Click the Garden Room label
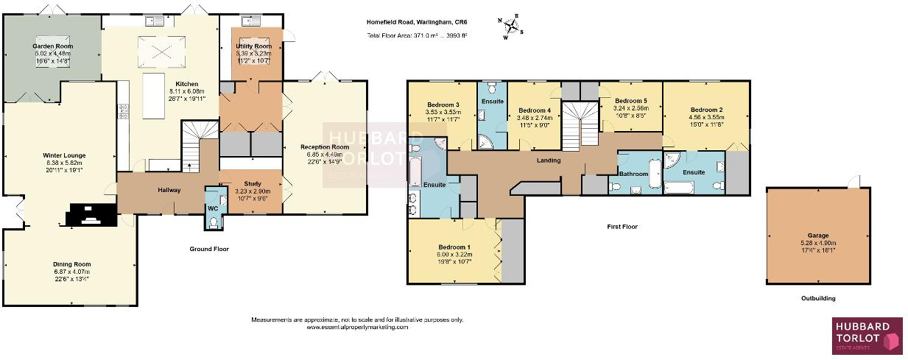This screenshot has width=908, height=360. [x=52, y=46]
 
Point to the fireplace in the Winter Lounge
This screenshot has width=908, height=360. [x=91, y=216]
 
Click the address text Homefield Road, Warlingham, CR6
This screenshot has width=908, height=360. [x=417, y=23]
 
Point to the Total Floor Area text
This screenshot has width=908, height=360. [x=417, y=35]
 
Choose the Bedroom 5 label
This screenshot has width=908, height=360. [x=630, y=100]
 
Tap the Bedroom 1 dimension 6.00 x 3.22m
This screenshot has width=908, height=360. [x=454, y=255]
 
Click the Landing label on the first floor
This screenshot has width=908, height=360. [x=548, y=160]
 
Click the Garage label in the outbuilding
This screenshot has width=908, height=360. [x=817, y=221]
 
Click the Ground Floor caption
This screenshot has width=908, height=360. [x=209, y=249]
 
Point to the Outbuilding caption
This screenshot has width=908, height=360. [x=817, y=298]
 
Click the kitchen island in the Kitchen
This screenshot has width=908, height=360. [x=154, y=95]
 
